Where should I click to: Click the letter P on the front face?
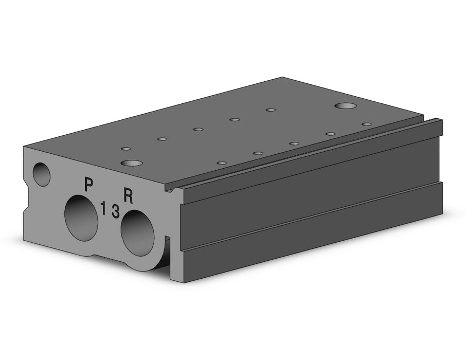click(88, 184)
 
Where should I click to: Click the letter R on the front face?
click(129, 196)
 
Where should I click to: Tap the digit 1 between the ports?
click(103, 208)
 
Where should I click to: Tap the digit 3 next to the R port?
click(116, 211)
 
